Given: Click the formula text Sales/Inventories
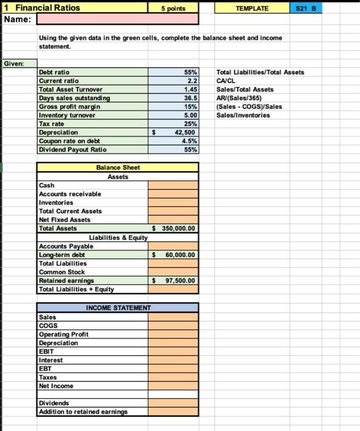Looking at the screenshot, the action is tap(243, 115).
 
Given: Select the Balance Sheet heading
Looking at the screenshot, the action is tap(118, 167).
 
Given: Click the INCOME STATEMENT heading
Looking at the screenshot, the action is tap(118, 307).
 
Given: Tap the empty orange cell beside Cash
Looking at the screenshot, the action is tap(173, 185).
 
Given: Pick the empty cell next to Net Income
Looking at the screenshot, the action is tap(173, 386).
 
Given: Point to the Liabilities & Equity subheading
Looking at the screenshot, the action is tap(118, 237).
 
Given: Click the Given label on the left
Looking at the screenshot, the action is tap(13, 63).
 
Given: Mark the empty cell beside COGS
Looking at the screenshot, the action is tap(173, 326).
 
